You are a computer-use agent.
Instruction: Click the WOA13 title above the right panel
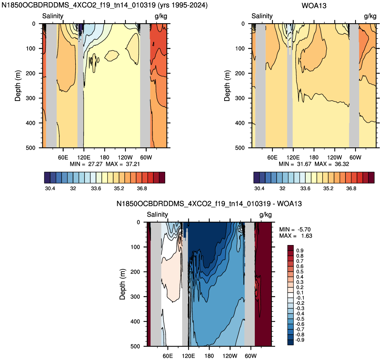[x=314, y=6]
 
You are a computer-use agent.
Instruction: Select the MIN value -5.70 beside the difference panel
[x=303, y=230]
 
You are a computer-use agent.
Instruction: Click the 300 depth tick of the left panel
[x=31, y=98]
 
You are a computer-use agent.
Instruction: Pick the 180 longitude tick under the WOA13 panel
[x=314, y=157]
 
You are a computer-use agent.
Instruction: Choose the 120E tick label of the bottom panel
[x=188, y=356]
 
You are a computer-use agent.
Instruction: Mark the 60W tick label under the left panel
[x=146, y=157]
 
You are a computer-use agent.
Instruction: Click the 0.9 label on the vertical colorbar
[x=300, y=251]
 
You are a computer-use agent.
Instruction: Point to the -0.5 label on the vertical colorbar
[x=299, y=319]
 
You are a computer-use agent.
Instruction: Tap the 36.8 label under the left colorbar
[x=142, y=188]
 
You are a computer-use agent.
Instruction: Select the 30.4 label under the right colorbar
[x=259, y=188]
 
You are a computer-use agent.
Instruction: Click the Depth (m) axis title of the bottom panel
[x=122, y=284]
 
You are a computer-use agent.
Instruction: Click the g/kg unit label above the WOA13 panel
[x=370, y=16]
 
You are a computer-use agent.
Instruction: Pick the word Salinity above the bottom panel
[x=157, y=214]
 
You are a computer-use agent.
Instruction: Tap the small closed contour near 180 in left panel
[x=112, y=56]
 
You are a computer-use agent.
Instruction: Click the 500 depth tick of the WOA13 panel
[x=240, y=148]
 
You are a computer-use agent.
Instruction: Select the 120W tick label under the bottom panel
[x=230, y=356]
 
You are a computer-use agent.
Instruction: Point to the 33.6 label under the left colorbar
[x=96, y=188]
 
